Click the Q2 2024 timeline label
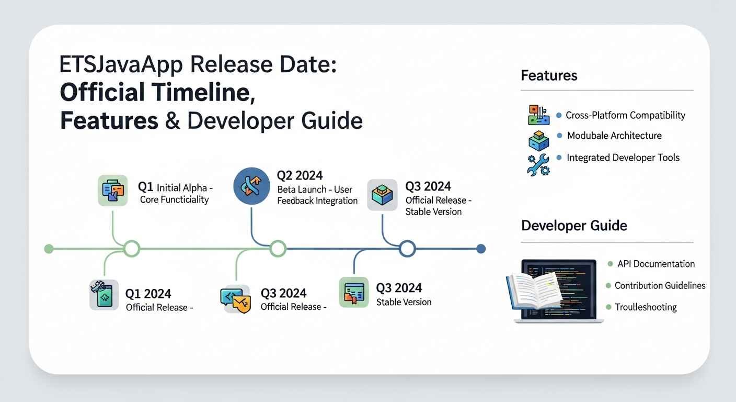[x=300, y=175]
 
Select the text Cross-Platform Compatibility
[x=625, y=115]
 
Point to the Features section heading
[x=549, y=75]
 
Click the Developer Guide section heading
[x=574, y=226]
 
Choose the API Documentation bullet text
[x=656, y=264]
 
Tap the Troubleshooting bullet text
[x=646, y=307]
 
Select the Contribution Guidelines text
[x=660, y=285]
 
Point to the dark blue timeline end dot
[x=481, y=249]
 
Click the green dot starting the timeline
[x=49, y=249]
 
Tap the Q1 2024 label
[x=148, y=294]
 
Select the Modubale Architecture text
[x=614, y=136]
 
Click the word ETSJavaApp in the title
[x=121, y=65]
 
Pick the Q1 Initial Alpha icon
[x=113, y=190]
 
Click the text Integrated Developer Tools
[x=623, y=158]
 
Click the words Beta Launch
[x=302, y=189]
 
